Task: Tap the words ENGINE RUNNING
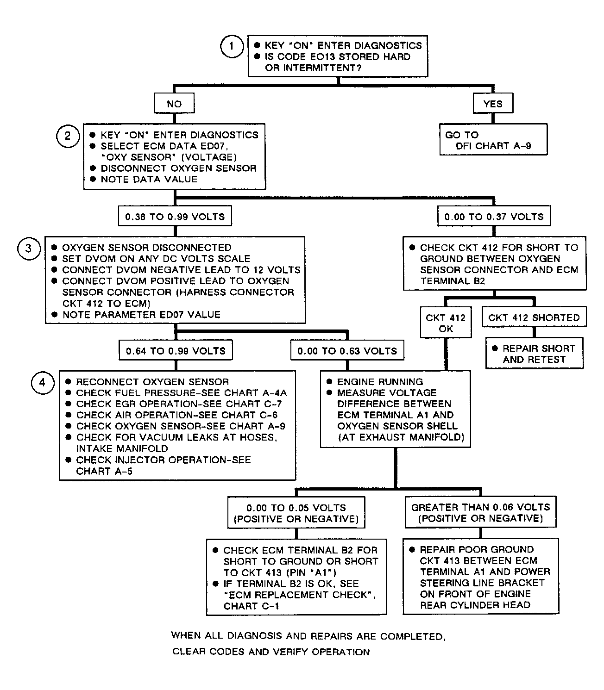click(x=380, y=381)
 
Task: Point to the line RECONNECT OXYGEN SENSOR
click(x=152, y=382)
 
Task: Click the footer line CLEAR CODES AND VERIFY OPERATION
click(x=271, y=652)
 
